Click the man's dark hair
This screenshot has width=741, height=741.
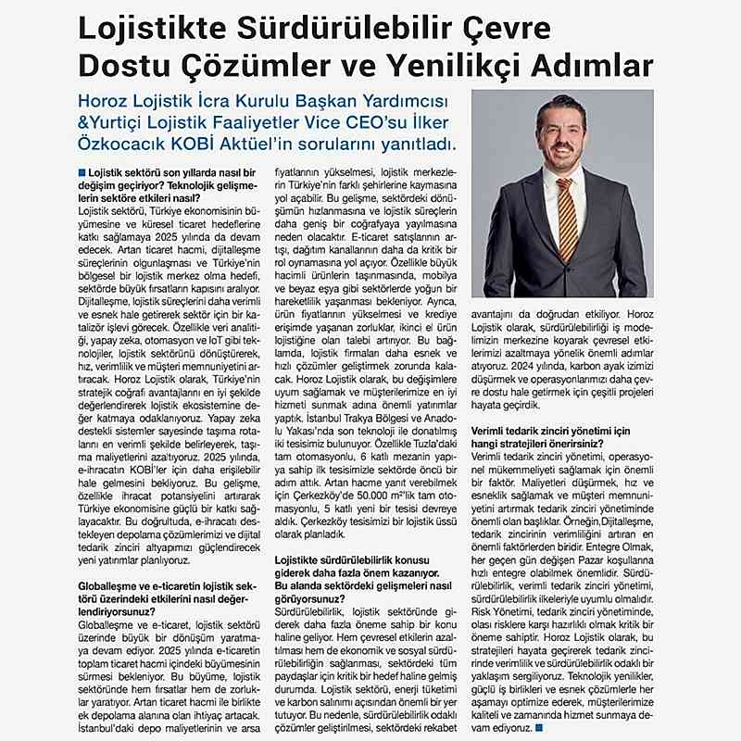[x=559, y=105]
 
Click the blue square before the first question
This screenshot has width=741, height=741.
[x=82, y=172]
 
